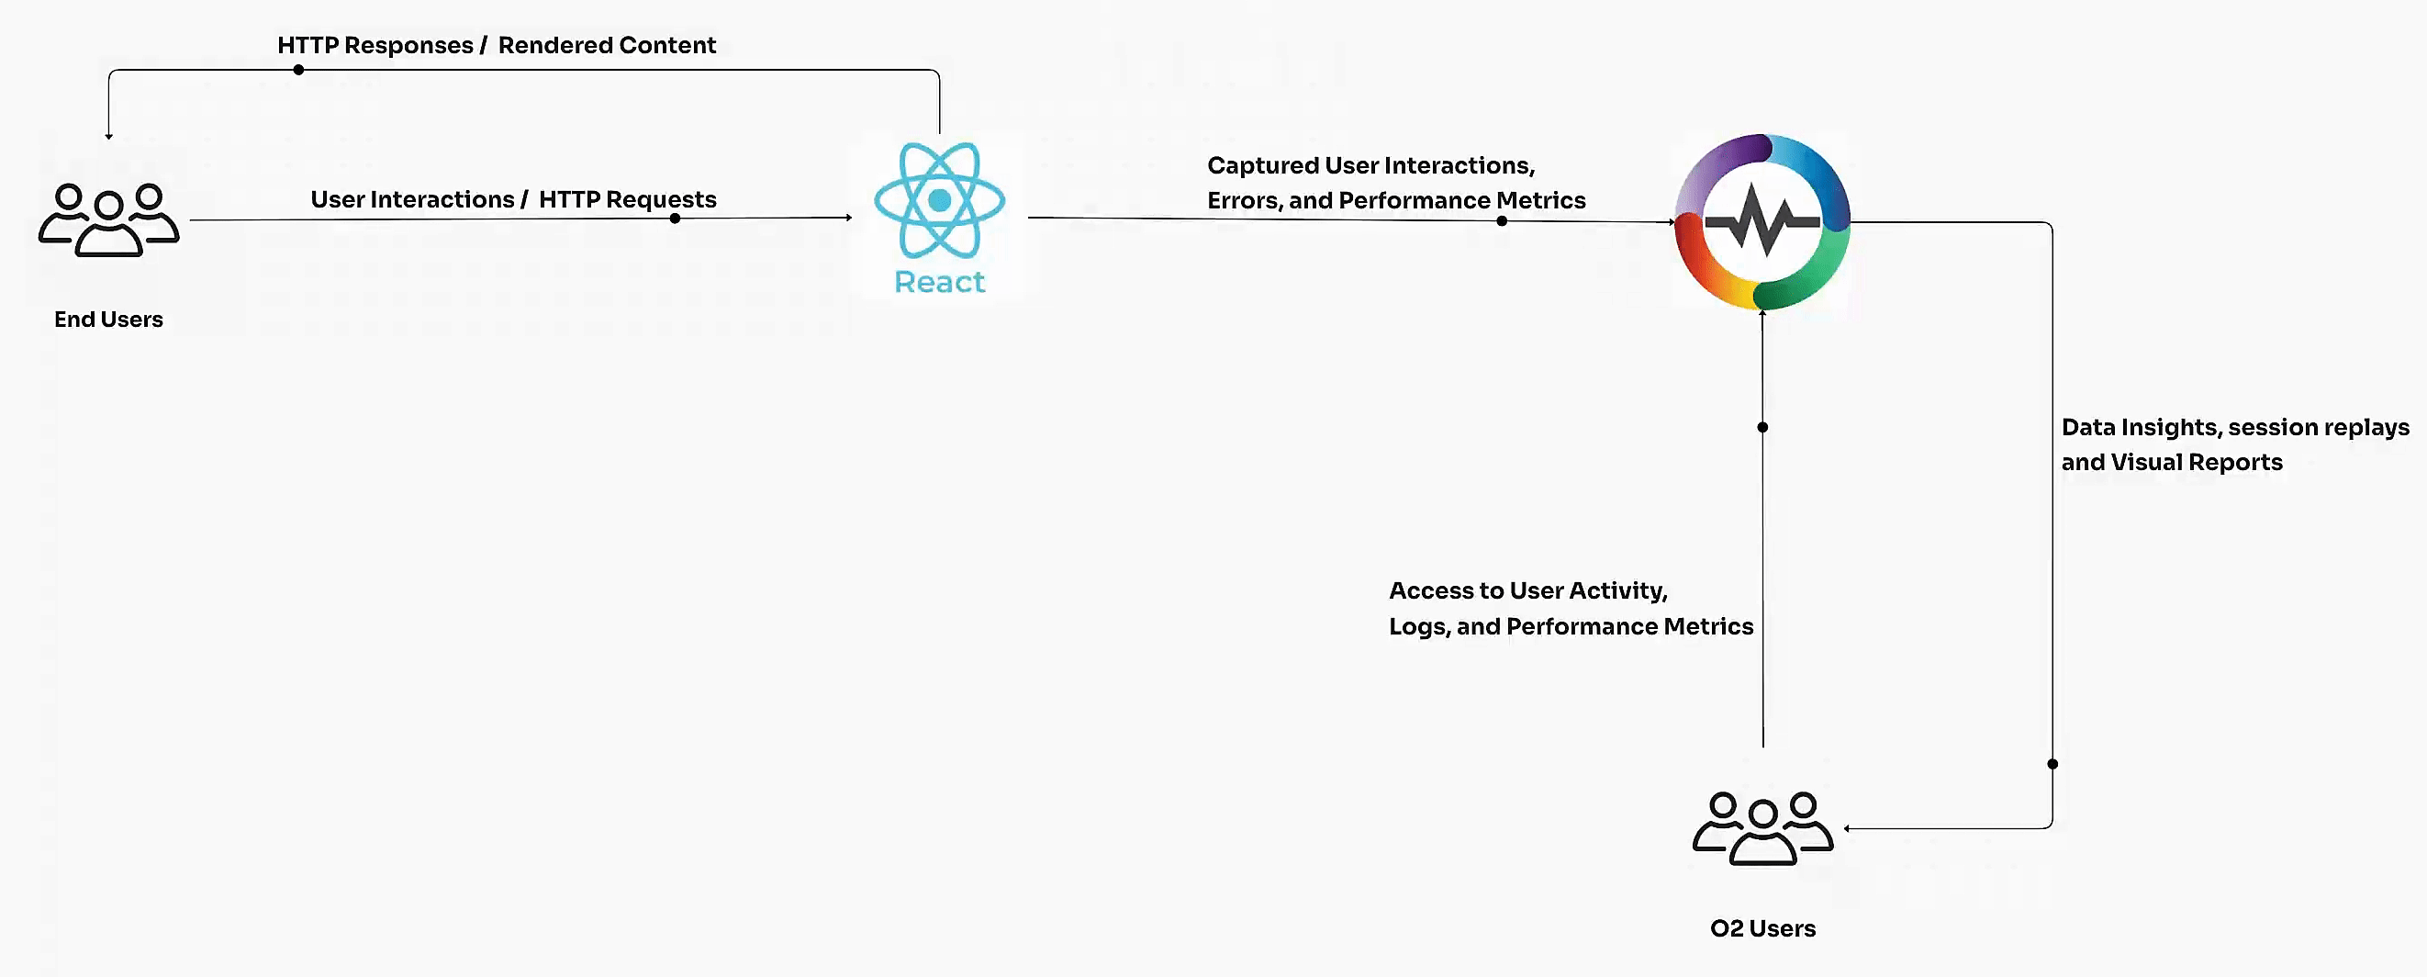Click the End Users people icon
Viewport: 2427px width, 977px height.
click(x=108, y=219)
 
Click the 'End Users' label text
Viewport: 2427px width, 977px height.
click(x=108, y=320)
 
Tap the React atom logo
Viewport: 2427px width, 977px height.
click(x=939, y=201)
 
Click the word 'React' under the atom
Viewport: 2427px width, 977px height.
click(x=939, y=282)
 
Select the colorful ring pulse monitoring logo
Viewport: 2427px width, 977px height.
click(x=1762, y=222)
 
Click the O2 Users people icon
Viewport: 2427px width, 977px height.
click(x=1762, y=828)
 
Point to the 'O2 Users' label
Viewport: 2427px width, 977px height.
click(x=1762, y=928)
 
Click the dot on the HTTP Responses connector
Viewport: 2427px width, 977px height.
click(x=298, y=70)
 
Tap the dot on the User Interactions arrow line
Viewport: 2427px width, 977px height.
click(x=675, y=219)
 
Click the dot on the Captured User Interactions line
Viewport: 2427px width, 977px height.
click(x=1502, y=221)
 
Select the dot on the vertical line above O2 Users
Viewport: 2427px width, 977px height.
click(x=1762, y=427)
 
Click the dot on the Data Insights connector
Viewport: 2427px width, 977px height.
click(x=2052, y=764)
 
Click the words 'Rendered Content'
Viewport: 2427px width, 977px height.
click(x=607, y=45)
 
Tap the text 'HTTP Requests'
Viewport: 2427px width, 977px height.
click(x=628, y=200)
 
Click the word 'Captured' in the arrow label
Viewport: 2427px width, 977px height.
click(x=1262, y=166)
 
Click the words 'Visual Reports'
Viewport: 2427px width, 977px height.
click(x=2197, y=463)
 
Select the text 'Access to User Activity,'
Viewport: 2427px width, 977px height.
click(x=1528, y=590)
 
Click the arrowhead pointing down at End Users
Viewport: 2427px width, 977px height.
click(x=109, y=137)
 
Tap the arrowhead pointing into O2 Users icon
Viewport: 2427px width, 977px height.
click(x=1848, y=829)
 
